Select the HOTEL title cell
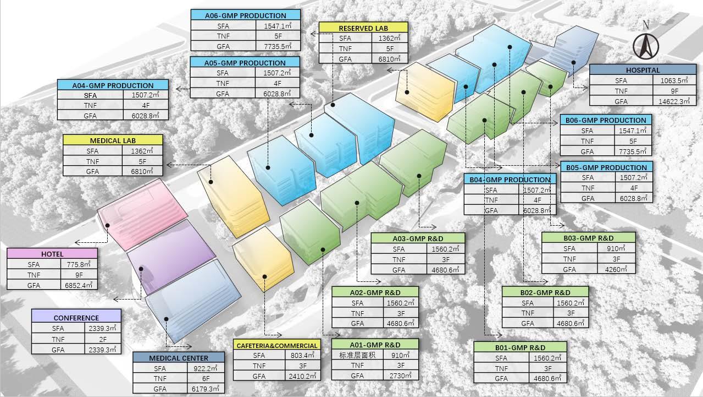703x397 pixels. tap(52, 254)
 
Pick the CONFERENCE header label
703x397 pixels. tap(76, 318)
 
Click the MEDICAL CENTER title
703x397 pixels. tap(179, 358)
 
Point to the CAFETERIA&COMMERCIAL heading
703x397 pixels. tap(277, 345)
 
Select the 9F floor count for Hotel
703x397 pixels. tap(79, 274)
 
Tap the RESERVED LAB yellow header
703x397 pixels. tap(363, 28)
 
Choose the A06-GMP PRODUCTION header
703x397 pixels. tap(246, 15)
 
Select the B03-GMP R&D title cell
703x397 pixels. tap(588, 238)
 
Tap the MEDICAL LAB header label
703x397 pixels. tap(113, 140)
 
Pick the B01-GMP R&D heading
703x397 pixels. tap(520, 347)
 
